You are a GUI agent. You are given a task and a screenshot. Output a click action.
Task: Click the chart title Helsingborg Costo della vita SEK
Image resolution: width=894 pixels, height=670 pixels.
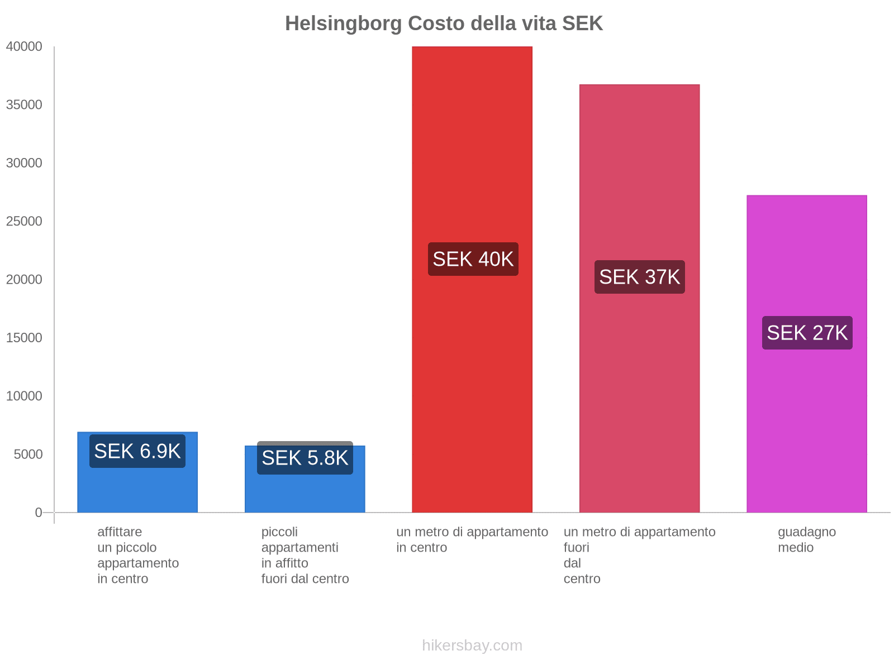click(x=444, y=23)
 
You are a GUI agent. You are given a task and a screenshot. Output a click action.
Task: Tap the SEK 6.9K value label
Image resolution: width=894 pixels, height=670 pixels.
click(x=137, y=451)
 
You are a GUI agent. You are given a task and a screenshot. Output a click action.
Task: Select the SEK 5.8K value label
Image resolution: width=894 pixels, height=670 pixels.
click(x=305, y=458)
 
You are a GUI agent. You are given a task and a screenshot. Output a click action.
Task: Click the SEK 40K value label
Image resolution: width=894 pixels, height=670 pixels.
click(x=473, y=259)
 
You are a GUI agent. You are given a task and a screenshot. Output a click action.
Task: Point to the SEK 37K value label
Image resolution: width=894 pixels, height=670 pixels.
click(x=639, y=277)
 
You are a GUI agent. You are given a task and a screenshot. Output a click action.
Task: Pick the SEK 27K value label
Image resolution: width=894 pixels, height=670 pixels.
click(x=807, y=333)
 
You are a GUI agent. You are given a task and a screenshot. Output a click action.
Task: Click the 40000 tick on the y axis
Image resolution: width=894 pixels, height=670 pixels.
click(x=24, y=47)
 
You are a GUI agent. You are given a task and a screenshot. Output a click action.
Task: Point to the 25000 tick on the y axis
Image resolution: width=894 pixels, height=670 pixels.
click(x=24, y=222)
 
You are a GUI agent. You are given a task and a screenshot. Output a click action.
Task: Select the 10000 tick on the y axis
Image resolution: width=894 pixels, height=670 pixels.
click(x=24, y=396)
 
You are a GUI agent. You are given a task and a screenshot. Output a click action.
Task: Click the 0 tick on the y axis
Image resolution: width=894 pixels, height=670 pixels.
click(x=39, y=513)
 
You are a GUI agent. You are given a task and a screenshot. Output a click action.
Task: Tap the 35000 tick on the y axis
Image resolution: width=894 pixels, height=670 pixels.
click(x=24, y=105)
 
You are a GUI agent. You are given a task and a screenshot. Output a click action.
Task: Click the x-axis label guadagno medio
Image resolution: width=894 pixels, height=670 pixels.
click(x=807, y=539)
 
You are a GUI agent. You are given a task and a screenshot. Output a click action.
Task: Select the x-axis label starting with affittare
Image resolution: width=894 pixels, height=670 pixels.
click(x=137, y=555)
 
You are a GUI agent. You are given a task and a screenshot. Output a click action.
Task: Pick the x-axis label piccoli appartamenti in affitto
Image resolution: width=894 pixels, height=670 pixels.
click(x=305, y=555)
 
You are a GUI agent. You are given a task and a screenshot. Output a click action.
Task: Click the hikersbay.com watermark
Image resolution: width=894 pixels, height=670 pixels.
click(x=472, y=645)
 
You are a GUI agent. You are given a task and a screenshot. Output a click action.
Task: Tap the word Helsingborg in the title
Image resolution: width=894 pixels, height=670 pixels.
click(x=343, y=23)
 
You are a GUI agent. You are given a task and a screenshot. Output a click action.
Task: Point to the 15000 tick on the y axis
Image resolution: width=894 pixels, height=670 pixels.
click(x=24, y=338)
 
